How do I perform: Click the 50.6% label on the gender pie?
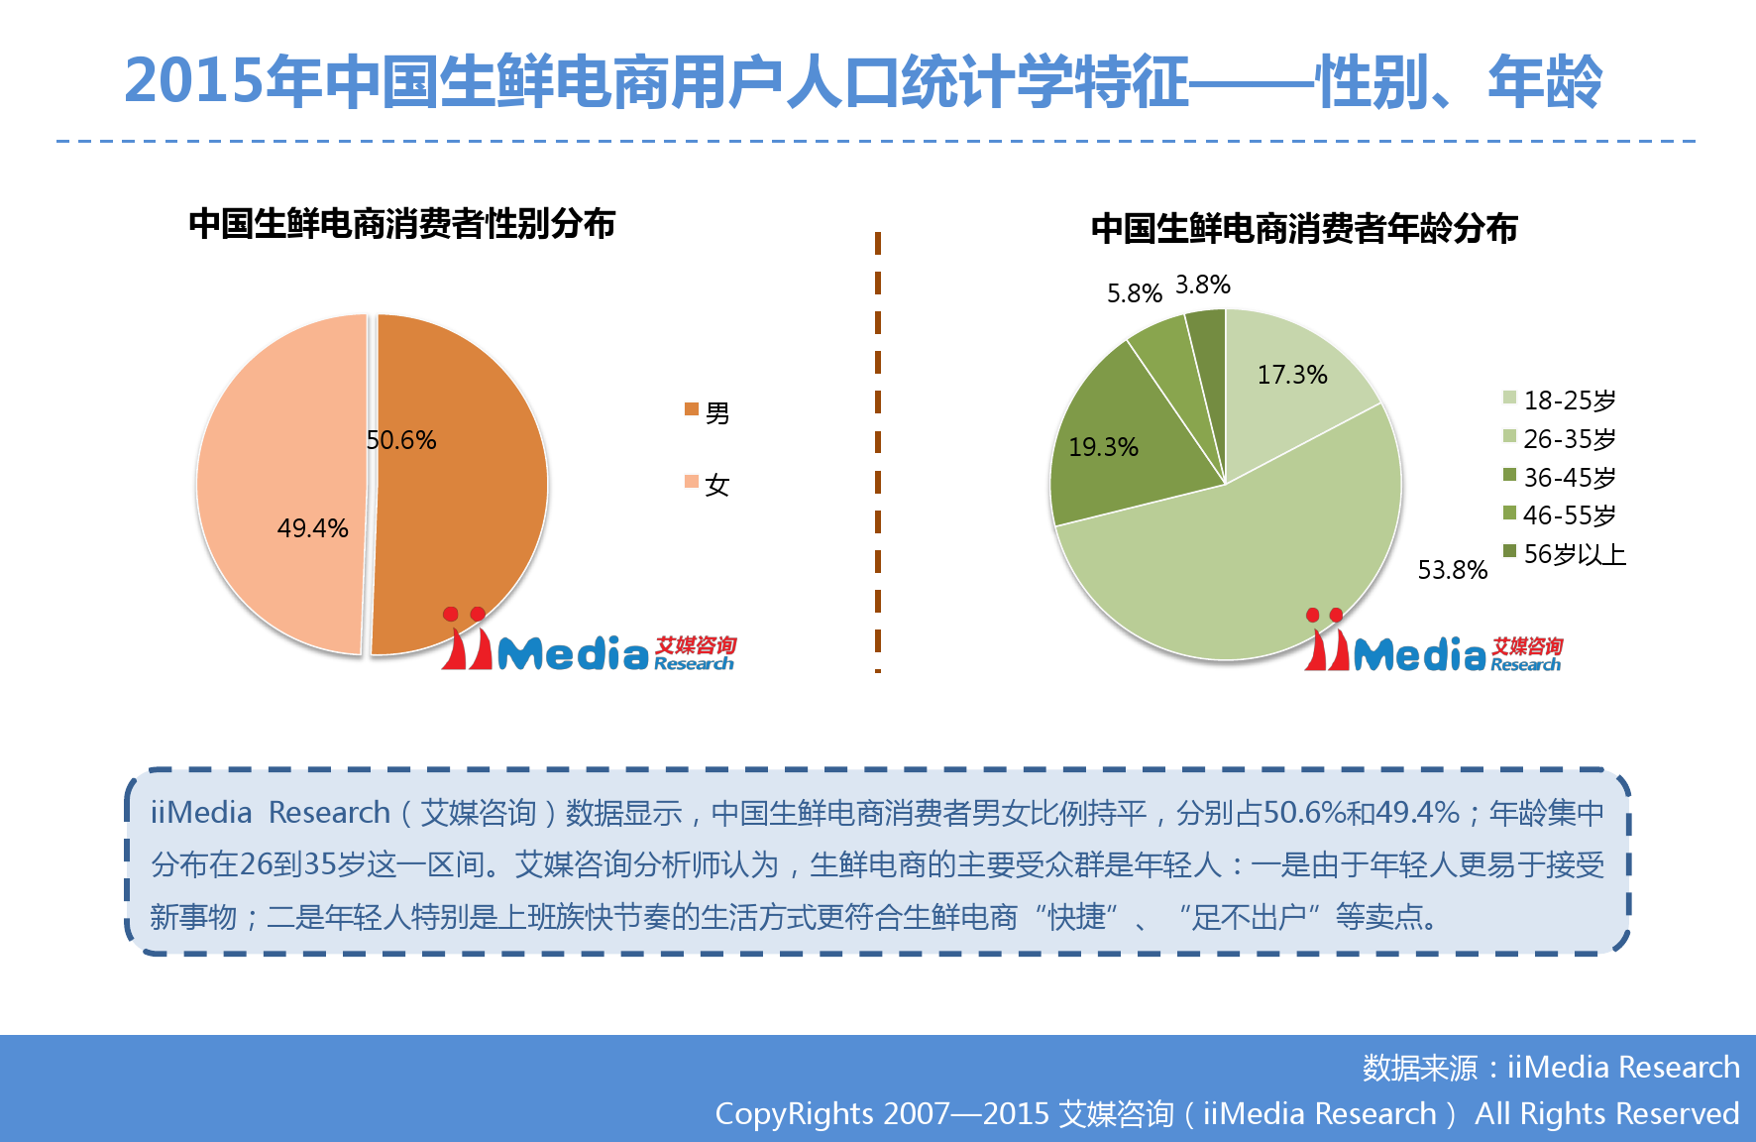point(401,440)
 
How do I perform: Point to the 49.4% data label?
point(313,528)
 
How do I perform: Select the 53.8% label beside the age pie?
point(1453,570)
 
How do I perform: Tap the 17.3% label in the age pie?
point(1292,375)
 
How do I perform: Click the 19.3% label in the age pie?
point(1104,447)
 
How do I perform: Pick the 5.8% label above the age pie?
point(1135,293)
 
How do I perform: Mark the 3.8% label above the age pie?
point(1203,285)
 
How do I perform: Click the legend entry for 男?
point(708,412)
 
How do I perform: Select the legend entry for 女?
point(708,485)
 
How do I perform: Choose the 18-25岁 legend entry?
point(1560,400)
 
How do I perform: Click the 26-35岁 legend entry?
point(1560,438)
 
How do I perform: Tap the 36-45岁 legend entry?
point(1560,477)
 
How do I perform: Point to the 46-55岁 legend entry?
point(1560,515)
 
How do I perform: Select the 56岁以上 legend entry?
point(1565,554)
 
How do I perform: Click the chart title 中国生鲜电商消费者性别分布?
point(402,224)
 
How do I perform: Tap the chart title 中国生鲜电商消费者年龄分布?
point(1304,229)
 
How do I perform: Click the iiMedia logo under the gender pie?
point(589,641)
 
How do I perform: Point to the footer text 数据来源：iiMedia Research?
point(1551,1067)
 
